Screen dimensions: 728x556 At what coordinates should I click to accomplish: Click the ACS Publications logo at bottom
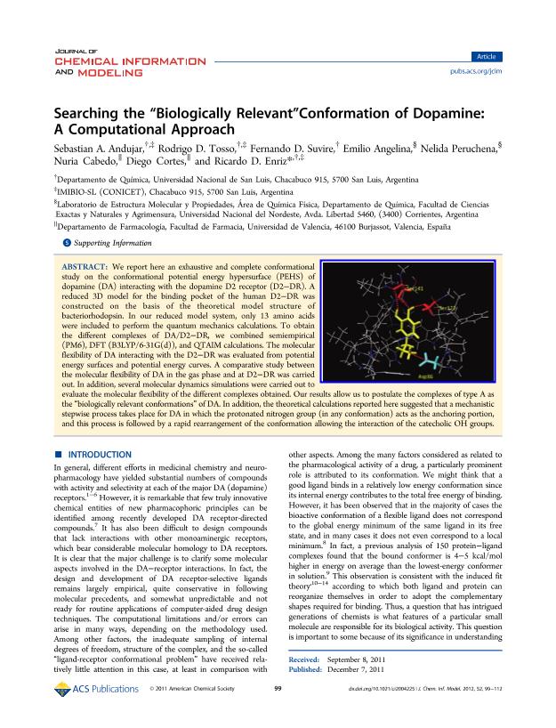(x=93, y=713)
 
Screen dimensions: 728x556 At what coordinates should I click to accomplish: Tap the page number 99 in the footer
(x=278, y=714)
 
